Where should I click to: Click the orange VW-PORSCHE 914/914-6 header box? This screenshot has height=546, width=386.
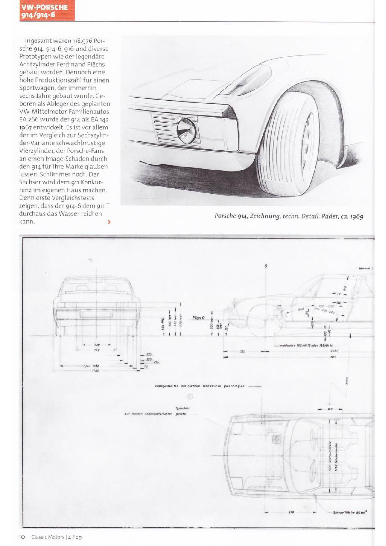47,11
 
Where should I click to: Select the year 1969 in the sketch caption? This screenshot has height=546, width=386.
357,216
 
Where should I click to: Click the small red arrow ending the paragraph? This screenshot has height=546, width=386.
109,222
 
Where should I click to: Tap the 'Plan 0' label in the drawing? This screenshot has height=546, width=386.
199,318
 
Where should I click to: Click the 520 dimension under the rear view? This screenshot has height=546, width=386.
97,345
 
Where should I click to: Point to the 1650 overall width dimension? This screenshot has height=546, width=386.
95,371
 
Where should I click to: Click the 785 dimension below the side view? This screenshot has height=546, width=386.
243,351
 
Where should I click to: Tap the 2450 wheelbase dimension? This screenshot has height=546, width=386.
334,351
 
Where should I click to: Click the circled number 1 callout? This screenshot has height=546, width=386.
190,397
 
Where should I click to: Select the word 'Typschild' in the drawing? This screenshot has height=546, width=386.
183,408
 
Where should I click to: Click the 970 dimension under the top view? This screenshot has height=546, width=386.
291,512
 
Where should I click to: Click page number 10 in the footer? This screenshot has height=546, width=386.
22,537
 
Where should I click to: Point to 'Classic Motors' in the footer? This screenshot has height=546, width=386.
48,537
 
